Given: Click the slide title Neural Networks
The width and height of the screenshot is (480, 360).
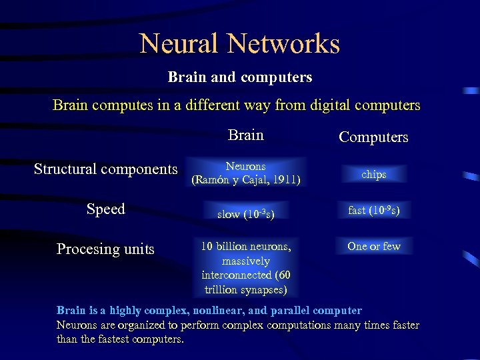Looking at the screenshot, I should tap(240, 44).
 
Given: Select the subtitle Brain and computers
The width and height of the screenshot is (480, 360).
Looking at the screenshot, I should tap(240, 77).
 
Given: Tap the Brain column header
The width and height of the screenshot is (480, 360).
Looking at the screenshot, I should tap(245, 135).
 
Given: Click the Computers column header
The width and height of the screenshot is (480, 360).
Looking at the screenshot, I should tap(373, 137).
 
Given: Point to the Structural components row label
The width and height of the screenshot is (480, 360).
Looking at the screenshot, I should tap(106, 169).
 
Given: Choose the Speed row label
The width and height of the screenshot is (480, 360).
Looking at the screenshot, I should tap(106, 209).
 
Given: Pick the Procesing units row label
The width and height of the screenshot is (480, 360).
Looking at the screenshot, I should tap(105, 249).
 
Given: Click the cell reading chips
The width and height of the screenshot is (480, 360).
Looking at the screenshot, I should tap(373, 174).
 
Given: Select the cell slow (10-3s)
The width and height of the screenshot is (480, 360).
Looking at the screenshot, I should tap(246, 214).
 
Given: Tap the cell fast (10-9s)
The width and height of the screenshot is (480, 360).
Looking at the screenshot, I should tap(373, 210).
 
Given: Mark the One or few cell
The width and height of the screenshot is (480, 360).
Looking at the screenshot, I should tap(373, 246).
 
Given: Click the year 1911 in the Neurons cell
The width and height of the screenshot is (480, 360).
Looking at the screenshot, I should tap(285, 180).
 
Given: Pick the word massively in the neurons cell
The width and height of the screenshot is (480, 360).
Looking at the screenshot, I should tap(246, 261).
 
